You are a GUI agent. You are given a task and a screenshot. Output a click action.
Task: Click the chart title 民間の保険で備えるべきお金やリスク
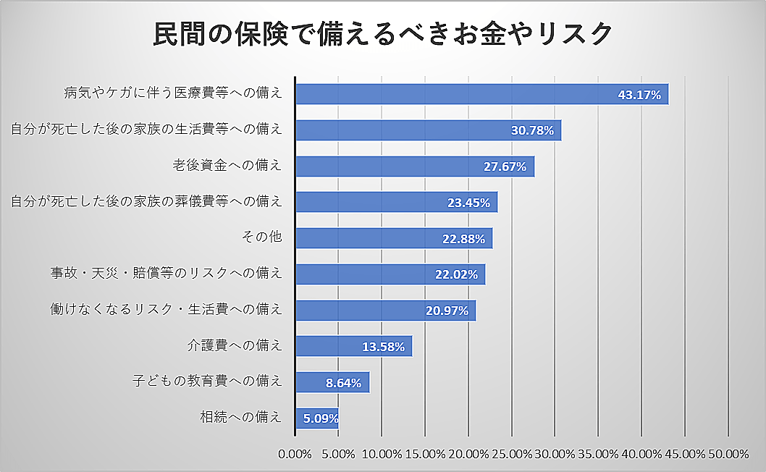click(383, 35)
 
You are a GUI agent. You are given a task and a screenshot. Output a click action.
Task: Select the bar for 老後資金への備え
click(415, 167)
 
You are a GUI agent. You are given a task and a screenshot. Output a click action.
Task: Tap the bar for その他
click(394, 238)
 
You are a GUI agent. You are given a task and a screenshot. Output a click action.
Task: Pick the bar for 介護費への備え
click(353, 346)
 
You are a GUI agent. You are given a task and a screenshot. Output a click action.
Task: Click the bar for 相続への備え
click(316, 418)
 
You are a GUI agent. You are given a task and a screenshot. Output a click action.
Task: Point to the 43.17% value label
click(639, 95)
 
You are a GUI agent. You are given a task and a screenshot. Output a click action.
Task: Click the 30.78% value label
click(532, 131)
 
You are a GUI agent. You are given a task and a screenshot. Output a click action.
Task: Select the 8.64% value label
click(343, 383)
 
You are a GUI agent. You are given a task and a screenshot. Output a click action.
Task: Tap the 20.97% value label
click(447, 311)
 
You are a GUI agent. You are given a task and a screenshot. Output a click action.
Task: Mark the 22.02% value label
click(456, 274)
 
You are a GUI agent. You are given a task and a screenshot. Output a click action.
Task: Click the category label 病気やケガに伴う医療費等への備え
click(173, 94)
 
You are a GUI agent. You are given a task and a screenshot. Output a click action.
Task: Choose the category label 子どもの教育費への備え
click(208, 382)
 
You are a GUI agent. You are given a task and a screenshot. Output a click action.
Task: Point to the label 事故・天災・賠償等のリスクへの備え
click(166, 274)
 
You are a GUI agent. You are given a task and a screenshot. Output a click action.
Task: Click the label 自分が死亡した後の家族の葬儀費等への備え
click(146, 202)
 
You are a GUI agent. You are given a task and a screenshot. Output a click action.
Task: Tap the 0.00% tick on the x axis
click(295, 454)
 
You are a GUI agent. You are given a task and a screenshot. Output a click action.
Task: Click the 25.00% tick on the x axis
click(510, 454)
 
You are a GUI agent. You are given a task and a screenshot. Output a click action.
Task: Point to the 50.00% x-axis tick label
click(728, 454)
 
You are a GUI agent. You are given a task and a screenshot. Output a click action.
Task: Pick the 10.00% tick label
click(382, 454)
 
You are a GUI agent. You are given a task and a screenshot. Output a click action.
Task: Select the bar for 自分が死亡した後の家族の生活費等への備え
click(428, 130)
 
